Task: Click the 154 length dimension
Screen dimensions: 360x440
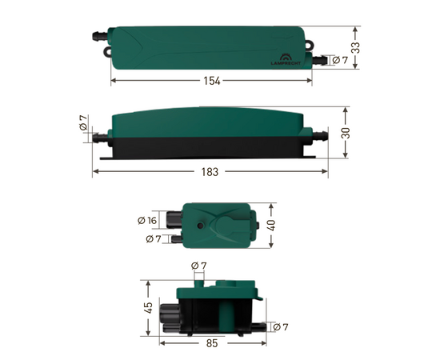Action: tap(211, 81)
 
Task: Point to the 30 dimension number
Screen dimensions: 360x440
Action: tap(346, 134)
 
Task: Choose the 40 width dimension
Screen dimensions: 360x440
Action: tap(272, 224)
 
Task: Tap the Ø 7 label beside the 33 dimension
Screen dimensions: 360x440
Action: tap(339, 60)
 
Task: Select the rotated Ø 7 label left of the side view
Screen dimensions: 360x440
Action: tap(84, 123)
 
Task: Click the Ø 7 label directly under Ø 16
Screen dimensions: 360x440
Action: tap(153, 238)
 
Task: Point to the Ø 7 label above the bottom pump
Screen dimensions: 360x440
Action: tap(199, 266)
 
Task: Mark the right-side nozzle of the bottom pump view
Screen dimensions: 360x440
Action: tap(260, 326)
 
